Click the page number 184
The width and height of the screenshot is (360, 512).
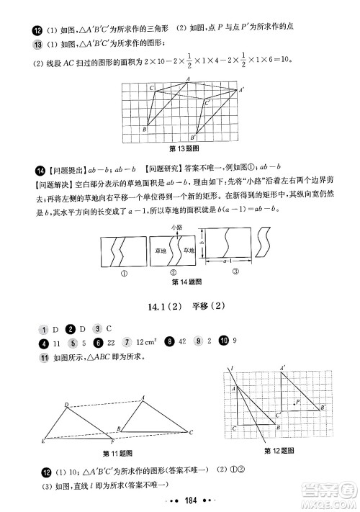tap(180, 500)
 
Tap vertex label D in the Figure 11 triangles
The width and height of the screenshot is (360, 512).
tap(66, 405)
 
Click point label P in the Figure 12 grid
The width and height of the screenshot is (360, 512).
tap(297, 400)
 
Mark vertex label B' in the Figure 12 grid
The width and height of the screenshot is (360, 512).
tap(323, 408)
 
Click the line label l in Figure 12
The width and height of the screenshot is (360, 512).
tap(232, 369)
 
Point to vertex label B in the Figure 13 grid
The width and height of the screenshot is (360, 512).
tap(144, 130)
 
